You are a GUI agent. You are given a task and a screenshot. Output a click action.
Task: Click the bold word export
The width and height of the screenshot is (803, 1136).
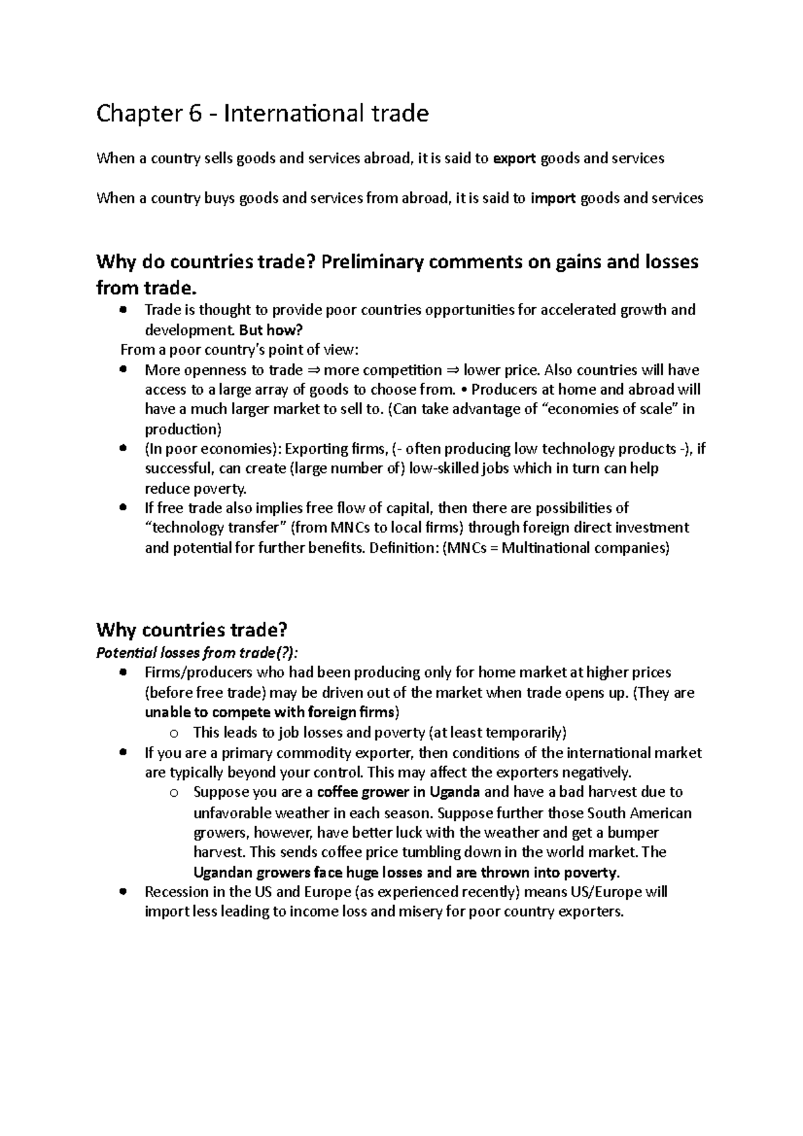(x=515, y=159)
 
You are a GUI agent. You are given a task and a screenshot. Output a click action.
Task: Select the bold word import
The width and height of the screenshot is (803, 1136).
(x=553, y=198)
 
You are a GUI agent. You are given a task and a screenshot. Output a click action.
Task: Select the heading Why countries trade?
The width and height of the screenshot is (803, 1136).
(x=192, y=630)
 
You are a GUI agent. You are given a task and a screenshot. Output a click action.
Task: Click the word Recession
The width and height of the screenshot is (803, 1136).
(x=177, y=892)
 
